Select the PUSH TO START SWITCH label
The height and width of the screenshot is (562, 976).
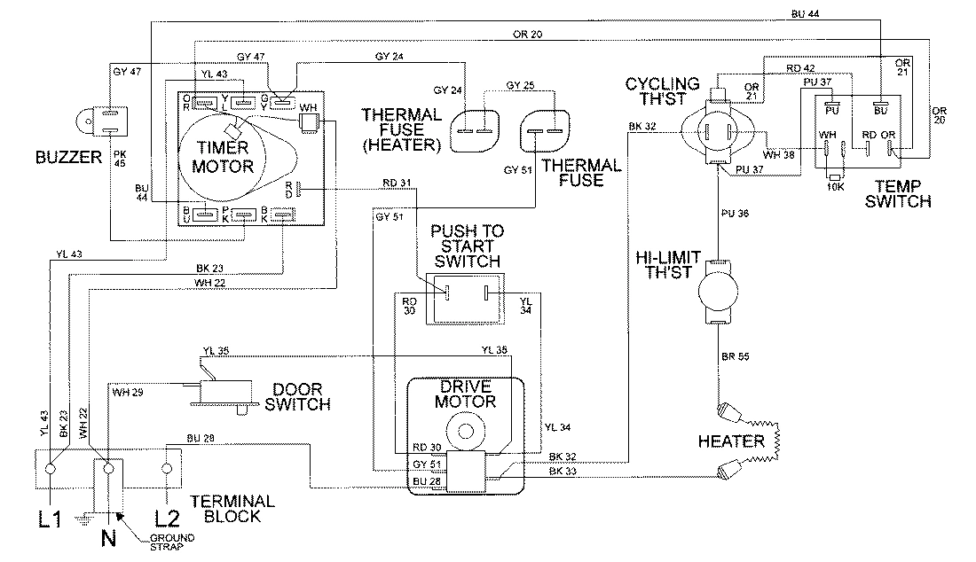click(x=467, y=246)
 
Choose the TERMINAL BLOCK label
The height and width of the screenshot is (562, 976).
click(x=232, y=508)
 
